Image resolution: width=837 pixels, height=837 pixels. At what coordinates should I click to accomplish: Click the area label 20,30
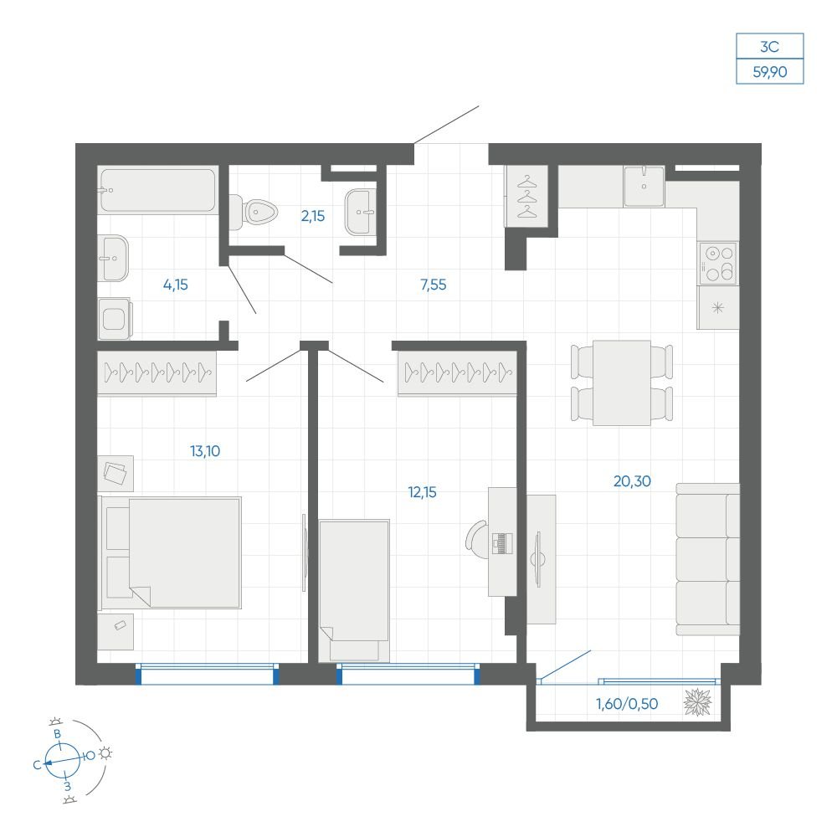(632, 481)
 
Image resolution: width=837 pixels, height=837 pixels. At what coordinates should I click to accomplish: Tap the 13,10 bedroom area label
(205, 452)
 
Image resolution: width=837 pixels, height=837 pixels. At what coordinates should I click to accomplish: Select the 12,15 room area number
(422, 492)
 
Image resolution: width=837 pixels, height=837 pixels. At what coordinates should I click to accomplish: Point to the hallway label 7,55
(433, 285)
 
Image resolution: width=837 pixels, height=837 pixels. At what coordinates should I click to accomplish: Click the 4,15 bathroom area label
(176, 285)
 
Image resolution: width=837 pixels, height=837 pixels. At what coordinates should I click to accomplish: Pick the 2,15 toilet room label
(313, 216)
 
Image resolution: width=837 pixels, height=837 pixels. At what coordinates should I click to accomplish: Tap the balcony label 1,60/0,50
(627, 704)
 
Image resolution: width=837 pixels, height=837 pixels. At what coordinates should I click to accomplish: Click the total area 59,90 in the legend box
(770, 71)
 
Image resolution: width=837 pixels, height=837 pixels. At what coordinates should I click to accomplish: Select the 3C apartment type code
(770, 47)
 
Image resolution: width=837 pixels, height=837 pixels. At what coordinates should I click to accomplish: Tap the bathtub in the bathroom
(157, 191)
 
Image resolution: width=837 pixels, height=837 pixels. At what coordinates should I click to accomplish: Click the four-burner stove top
(718, 264)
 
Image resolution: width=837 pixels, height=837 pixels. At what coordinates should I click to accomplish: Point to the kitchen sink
(644, 187)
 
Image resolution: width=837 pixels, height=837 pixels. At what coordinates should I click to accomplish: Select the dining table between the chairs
(622, 383)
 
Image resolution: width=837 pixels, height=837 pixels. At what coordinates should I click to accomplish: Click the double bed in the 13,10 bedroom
(170, 552)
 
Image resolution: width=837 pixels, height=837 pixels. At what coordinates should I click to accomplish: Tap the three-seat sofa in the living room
(708, 559)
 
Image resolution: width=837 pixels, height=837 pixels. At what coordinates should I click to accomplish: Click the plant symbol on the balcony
(698, 702)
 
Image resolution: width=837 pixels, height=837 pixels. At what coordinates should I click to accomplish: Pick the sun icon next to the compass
(106, 753)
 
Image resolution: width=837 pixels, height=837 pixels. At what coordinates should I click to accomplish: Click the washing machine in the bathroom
(115, 319)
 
